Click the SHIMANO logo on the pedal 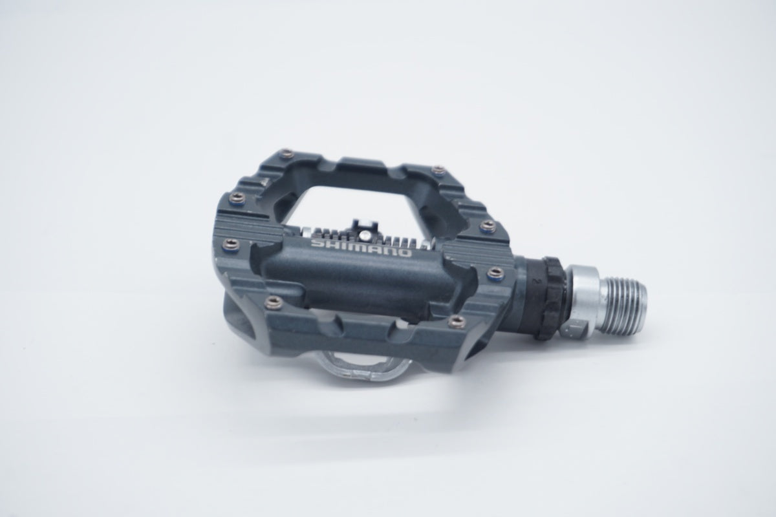(x=361, y=248)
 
